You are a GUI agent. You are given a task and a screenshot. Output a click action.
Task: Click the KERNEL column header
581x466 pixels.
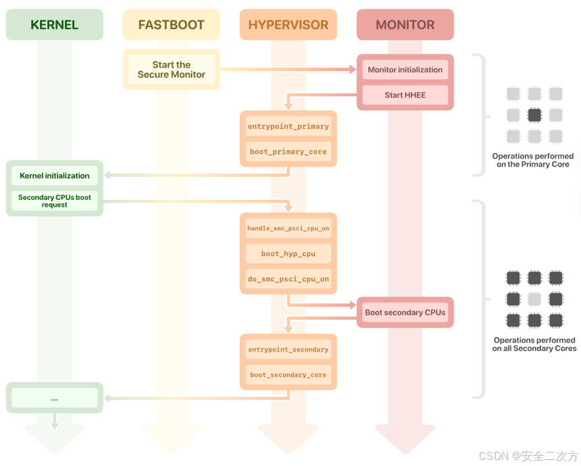point(54,25)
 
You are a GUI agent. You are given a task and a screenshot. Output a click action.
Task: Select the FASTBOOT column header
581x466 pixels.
point(171,25)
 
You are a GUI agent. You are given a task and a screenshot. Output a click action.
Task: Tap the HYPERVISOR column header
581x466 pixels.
point(288,25)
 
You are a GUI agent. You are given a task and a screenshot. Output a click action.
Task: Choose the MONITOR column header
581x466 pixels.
point(405,25)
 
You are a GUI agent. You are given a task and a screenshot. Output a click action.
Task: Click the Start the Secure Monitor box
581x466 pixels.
point(171,70)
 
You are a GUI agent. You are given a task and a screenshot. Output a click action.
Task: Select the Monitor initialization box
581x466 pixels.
point(405,70)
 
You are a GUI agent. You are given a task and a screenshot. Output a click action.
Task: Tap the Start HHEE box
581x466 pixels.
point(405,95)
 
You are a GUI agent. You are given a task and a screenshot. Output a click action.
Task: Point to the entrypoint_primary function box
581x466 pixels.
point(288,127)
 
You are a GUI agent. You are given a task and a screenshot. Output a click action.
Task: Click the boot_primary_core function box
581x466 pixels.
point(288,152)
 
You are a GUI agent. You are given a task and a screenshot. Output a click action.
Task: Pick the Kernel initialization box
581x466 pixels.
point(54,175)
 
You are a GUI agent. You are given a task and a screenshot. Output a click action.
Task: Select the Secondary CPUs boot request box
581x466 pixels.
point(54,200)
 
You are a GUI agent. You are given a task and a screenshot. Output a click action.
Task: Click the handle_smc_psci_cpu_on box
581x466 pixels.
point(288,229)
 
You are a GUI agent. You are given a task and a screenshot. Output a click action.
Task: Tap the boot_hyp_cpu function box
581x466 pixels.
point(288,254)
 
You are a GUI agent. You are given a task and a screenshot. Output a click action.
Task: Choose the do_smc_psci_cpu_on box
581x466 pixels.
point(288,279)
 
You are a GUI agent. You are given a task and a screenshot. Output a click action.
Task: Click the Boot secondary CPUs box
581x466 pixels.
point(405,312)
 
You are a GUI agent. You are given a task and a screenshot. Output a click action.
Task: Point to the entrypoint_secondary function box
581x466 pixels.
point(288,349)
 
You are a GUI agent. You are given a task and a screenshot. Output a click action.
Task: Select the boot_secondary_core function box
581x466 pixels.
point(288,375)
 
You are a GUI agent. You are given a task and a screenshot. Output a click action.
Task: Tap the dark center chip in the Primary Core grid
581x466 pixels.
point(534,115)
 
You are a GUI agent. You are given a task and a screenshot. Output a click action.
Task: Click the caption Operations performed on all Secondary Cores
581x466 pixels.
point(534,344)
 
